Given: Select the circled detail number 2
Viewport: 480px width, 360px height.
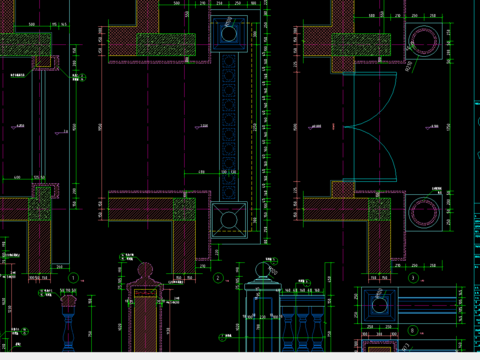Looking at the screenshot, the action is (x=218, y=278).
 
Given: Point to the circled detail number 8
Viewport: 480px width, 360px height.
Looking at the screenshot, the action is (x=411, y=328).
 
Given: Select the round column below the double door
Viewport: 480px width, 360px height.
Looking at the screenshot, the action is (x=423, y=214).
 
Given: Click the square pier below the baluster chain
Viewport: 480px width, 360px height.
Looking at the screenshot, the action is (x=229, y=220).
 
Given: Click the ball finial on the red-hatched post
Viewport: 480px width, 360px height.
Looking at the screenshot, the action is (x=145, y=271).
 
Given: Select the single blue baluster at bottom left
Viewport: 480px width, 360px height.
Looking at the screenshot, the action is (x=69, y=325).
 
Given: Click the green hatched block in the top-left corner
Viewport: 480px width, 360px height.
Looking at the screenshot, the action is (x=24, y=46).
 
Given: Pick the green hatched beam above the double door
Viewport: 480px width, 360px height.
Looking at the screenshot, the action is (x=364, y=44).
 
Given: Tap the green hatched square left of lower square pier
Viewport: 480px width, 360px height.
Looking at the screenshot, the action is (x=184, y=210).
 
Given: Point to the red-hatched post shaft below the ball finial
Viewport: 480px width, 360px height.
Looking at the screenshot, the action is (x=146, y=320).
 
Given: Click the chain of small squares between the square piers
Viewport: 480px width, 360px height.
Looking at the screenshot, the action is (x=229, y=125).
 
